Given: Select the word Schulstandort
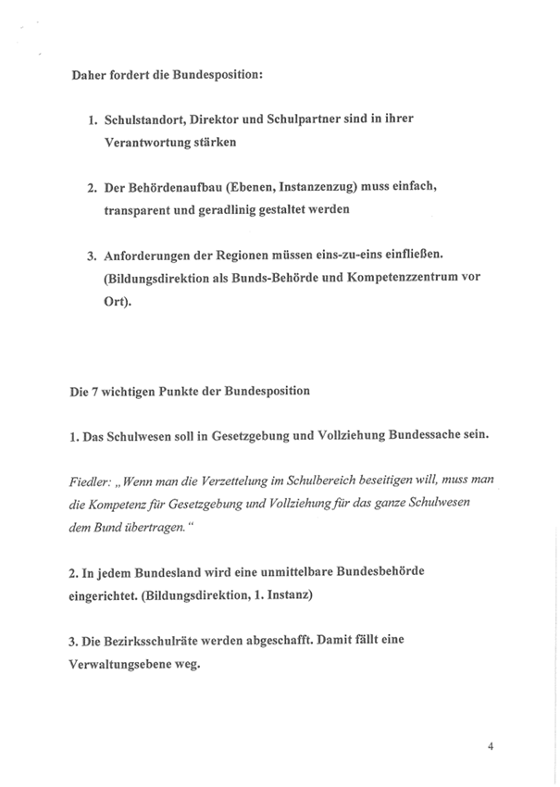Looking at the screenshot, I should (x=151, y=122).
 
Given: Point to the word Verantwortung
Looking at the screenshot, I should (x=151, y=144).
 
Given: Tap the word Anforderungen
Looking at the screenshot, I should (x=152, y=256).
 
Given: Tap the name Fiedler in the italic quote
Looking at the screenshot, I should (x=89, y=481).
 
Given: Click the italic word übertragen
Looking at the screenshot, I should (x=140, y=526).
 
